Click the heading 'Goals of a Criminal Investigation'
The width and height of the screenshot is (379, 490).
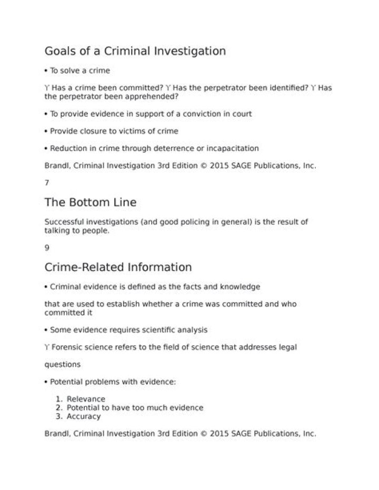[x=135, y=51]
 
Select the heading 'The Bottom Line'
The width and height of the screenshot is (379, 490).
[x=91, y=202]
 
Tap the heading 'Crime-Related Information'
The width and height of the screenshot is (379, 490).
[x=118, y=267]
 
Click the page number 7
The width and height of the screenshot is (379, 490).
[x=47, y=183]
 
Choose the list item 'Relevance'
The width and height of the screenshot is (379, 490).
[x=86, y=399]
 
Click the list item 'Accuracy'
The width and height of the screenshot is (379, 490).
[x=84, y=416]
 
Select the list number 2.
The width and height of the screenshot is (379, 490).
[x=58, y=408]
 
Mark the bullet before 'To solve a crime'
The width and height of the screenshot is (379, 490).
[x=46, y=71]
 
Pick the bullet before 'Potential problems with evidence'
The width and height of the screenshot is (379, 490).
[x=46, y=382]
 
